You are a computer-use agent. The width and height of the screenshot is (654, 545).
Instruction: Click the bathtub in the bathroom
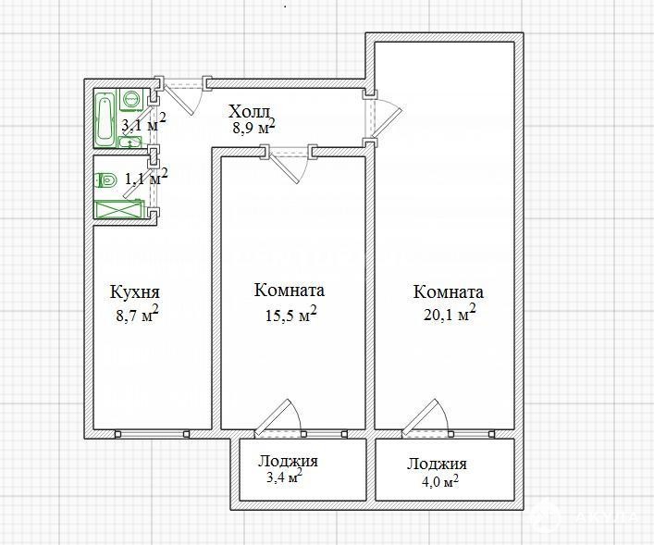pos(105,118)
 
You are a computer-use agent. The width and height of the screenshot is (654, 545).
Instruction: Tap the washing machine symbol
pos(131,99)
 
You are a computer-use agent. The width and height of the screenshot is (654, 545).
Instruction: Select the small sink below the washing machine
pos(130,142)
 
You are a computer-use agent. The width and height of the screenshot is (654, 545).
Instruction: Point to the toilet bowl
pos(105,181)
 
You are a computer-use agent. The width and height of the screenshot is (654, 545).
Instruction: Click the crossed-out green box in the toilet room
pos(119,209)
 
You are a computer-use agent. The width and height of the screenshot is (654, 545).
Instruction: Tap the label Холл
pos(251,112)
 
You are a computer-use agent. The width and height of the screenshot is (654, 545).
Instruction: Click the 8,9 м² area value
pos(254,127)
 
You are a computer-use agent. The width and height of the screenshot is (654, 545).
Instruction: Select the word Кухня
pos(135,291)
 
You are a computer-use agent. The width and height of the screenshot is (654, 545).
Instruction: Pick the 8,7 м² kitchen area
pos(137,314)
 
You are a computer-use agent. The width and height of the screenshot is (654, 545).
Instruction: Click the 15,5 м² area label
pos(291,315)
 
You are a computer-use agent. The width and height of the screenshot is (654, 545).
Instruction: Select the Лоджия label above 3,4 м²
pos(288,462)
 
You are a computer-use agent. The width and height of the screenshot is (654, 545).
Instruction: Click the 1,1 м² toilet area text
pos(146,178)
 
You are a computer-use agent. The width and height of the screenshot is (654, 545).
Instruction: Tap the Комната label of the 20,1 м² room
pos(449,291)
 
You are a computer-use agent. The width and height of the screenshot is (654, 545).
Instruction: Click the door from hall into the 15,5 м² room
pos(284,167)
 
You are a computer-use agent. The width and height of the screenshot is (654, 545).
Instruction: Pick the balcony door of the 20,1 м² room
pos(420,417)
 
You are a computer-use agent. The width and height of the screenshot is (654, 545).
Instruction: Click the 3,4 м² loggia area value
pos(284,476)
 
